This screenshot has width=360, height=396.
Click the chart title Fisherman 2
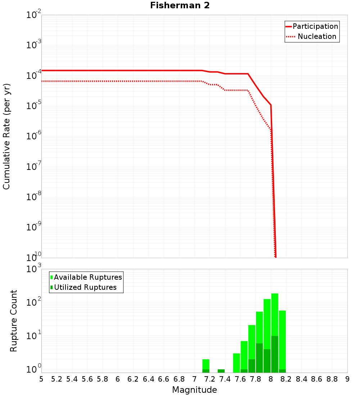(x=180, y=5)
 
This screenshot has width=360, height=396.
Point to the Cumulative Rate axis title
(x=6, y=136)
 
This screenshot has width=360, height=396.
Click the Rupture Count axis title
(x=14, y=320)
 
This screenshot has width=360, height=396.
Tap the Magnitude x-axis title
(x=194, y=390)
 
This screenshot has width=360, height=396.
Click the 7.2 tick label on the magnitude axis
(x=210, y=379)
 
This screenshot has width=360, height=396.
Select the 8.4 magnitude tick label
(x=301, y=379)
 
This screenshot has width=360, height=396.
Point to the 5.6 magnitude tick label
(x=87, y=379)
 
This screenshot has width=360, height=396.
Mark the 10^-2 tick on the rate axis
(x=34, y=15)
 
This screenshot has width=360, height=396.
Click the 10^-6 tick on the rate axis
(x=34, y=136)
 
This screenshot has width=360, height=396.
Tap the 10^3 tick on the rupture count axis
(x=34, y=269)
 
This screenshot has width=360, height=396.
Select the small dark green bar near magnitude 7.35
(x=221, y=371)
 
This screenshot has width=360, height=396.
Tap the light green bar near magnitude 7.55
(x=236, y=363)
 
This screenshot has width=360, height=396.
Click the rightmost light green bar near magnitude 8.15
(x=282, y=338)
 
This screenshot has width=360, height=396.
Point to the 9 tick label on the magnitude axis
(x=347, y=379)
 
